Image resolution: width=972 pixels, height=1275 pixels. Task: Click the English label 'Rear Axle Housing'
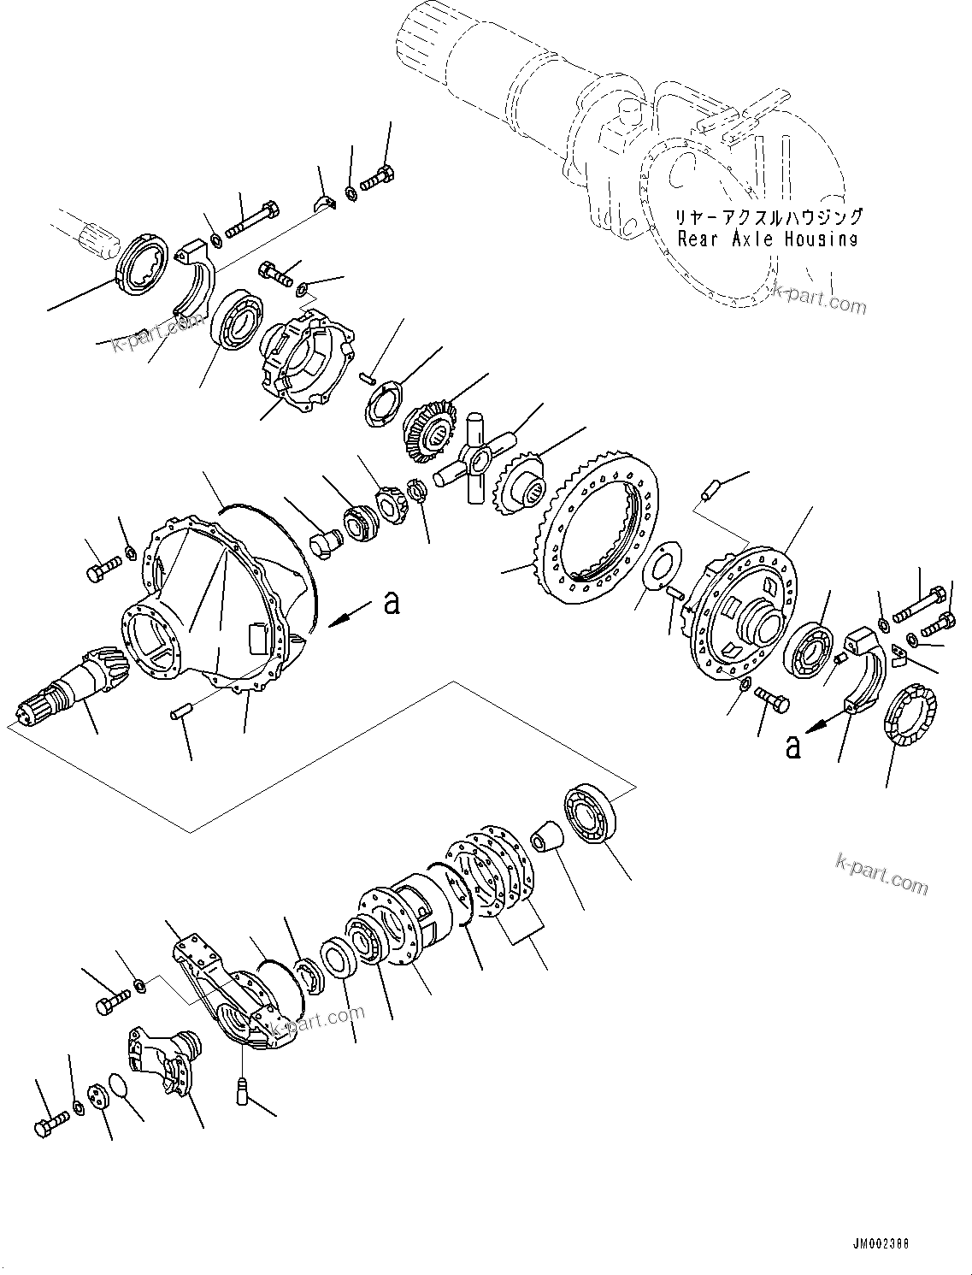tap(767, 239)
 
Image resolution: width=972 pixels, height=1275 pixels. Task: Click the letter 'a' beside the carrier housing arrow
tap(392, 602)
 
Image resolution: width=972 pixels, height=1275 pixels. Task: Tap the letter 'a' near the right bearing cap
tap(793, 747)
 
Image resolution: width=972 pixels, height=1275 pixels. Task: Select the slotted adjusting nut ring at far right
tap(908, 716)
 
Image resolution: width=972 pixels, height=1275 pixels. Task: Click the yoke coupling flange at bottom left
tap(168, 1058)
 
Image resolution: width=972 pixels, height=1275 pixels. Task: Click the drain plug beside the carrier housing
tap(325, 540)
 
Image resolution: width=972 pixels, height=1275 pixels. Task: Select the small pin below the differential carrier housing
tap(180, 711)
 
